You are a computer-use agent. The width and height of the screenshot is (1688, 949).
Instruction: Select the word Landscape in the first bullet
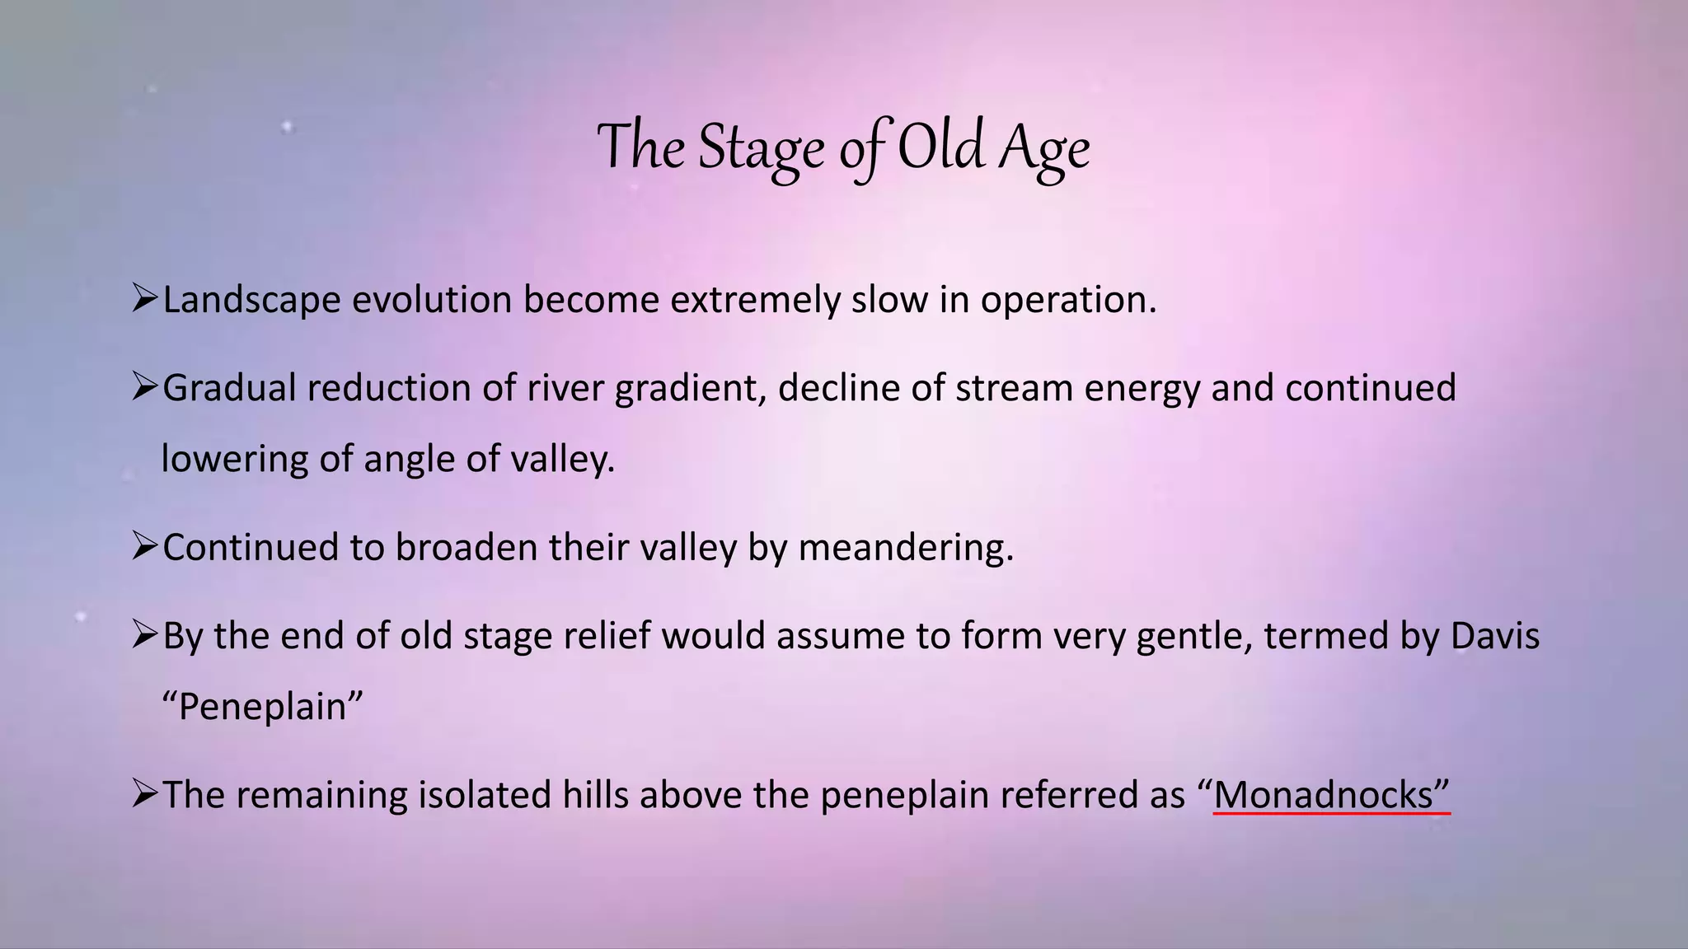pos(251,300)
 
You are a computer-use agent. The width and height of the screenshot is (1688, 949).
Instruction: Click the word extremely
pos(755,300)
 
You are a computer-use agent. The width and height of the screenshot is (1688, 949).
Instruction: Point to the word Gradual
pos(229,388)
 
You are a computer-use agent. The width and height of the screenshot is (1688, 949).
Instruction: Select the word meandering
pos(906,548)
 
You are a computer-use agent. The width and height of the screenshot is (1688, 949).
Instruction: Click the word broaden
pos(467,548)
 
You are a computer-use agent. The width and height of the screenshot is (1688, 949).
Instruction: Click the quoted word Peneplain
pos(263,707)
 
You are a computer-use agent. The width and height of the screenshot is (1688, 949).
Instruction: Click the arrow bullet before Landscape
pos(144,298)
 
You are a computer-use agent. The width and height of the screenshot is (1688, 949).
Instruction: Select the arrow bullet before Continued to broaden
pos(144,546)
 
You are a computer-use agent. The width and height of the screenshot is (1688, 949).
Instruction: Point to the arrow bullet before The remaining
pos(144,794)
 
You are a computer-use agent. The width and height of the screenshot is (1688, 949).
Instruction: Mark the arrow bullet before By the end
pos(144,634)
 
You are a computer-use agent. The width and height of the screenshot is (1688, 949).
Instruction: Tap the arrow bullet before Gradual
pos(144,386)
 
